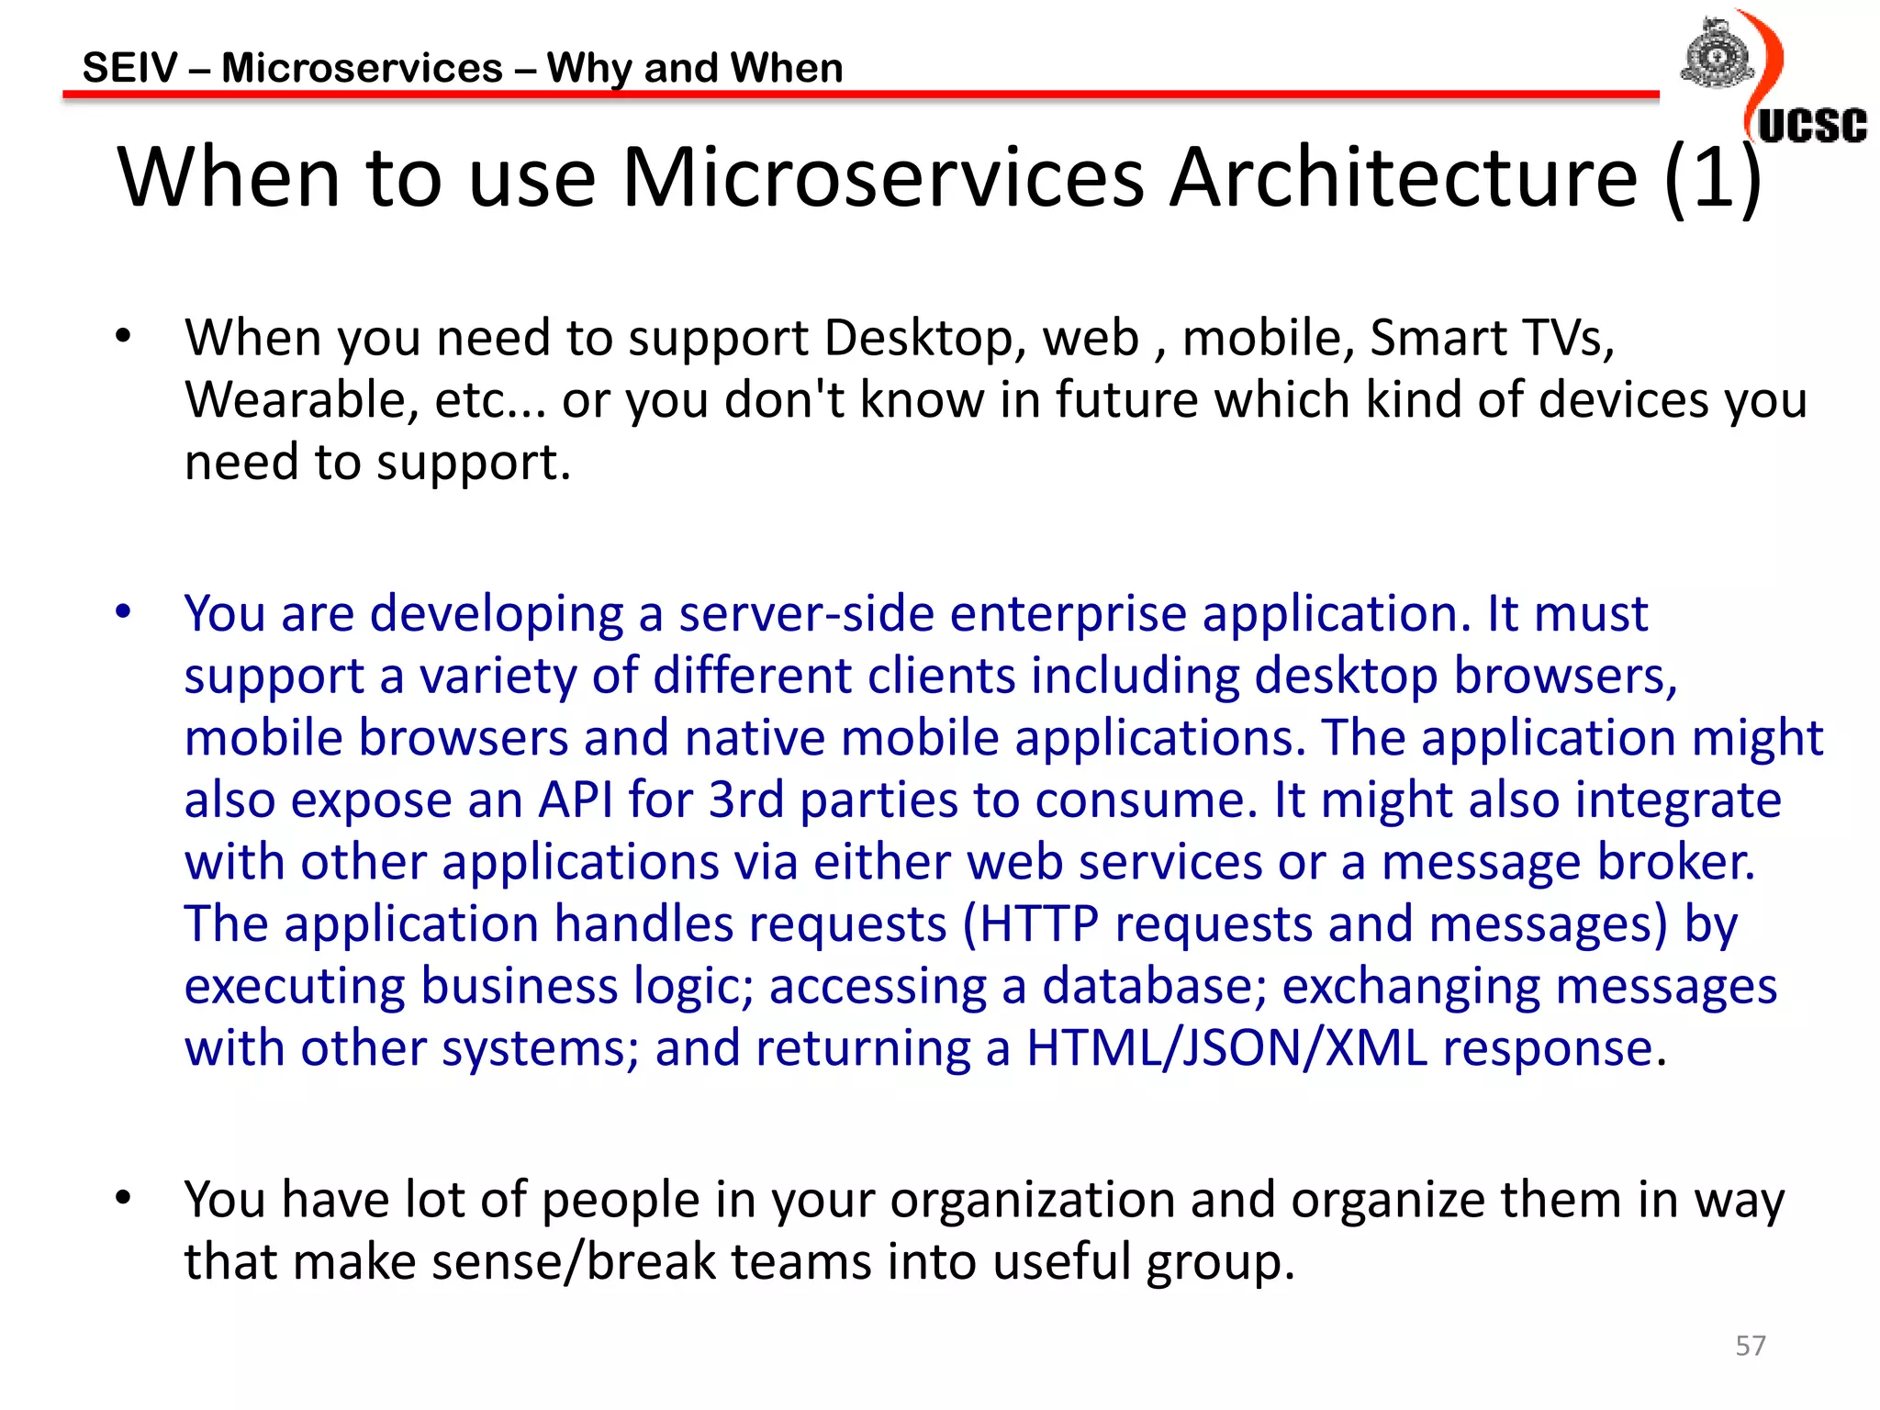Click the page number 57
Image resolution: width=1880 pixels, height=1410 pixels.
[x=1751, y=1346]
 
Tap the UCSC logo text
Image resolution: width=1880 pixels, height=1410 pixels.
[x=1812, y=126]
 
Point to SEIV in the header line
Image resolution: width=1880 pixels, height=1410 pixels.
[x=129, y=68]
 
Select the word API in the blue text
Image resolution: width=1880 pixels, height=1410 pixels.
[x=576, y=800]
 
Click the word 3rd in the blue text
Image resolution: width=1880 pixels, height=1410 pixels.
[x=746, y=800]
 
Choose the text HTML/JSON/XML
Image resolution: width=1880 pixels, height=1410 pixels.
[x=1226, y=1048]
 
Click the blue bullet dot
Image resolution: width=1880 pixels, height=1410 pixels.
[x=124, y=611]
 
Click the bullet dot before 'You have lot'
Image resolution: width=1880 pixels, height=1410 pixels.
[x=124, y=1197]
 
